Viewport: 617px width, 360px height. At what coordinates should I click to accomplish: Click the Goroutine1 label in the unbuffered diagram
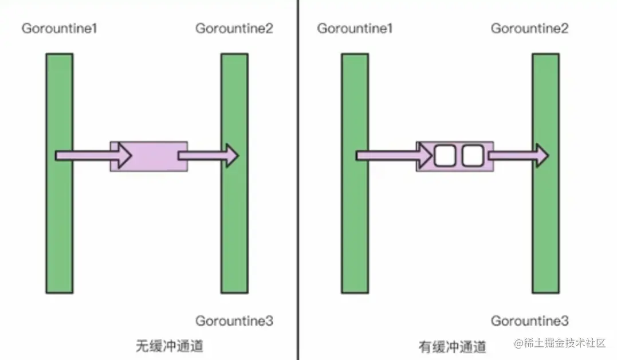click(x=59, y=28)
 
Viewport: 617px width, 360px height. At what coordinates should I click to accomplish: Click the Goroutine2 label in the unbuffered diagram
click(x=234, y=28)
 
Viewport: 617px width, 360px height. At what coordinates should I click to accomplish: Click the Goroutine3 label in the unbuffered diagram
click(x=234, y=321)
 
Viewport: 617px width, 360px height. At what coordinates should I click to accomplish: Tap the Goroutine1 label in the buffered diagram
click(x=355, y=28)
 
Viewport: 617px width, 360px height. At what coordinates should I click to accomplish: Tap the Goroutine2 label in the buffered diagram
click(x=529, y=28)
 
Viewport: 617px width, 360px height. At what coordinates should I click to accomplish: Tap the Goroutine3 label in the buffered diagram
click(x=529, y=321)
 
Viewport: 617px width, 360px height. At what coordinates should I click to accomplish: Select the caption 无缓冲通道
click(x=169, y=346)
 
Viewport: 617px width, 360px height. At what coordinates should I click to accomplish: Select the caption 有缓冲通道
click(x=453, y=347)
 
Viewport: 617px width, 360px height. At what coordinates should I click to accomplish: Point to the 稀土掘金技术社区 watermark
click(x=560, y=343)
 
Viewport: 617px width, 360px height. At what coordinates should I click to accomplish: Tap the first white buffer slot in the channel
click(x=444, y=155)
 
